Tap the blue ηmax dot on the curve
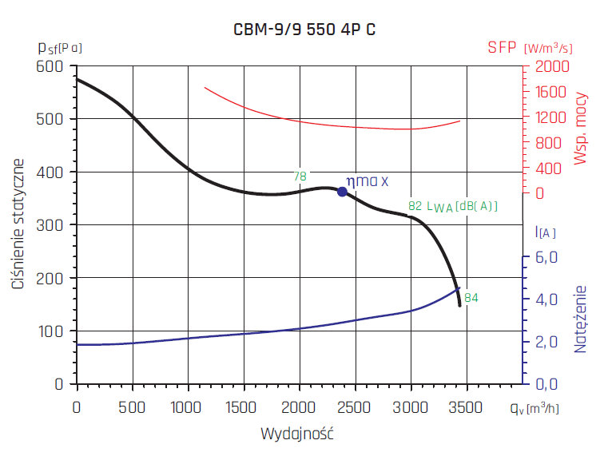(x=342, y=192)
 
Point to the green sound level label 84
(x=471, y=298)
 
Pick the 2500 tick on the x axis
(x=355, y=407)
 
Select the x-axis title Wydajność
(x=296, y=434)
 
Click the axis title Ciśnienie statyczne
(x=17, y=224)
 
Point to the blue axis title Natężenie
(x=581, y=319)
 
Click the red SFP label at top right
(x=503, y=48)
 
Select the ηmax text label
(x=367, y=181)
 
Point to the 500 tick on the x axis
(x=132, y=407)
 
